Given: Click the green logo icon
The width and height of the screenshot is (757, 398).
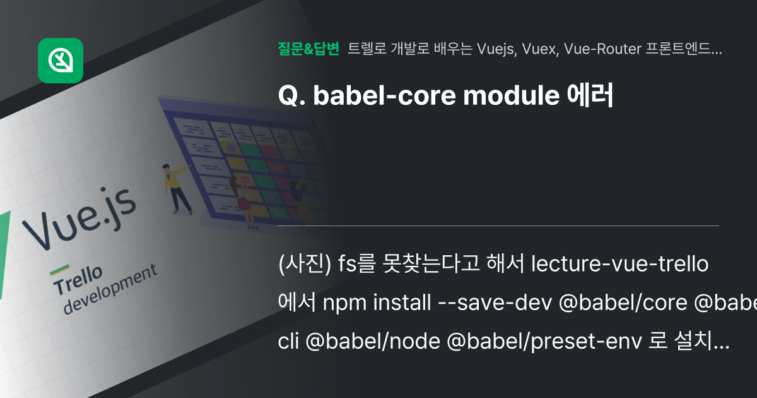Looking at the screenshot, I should pyautogui.click(x=61, y=61).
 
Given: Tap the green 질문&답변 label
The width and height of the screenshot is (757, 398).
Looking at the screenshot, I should pyautogui.click(x=308, y=49).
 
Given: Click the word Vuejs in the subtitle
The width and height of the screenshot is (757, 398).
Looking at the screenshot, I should pyautogui.click(x=494, y=49).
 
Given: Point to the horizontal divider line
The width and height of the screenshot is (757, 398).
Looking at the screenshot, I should pyautogui.click(x=498, y=226).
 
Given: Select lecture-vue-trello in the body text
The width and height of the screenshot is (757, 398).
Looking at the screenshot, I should pyautogui.click(x=619, y=264).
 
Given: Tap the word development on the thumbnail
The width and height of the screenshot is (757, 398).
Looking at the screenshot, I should pyautogui.click(x=110, y=289).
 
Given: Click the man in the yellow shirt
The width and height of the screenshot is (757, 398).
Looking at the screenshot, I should pyautogui.click(x=176, y=187).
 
